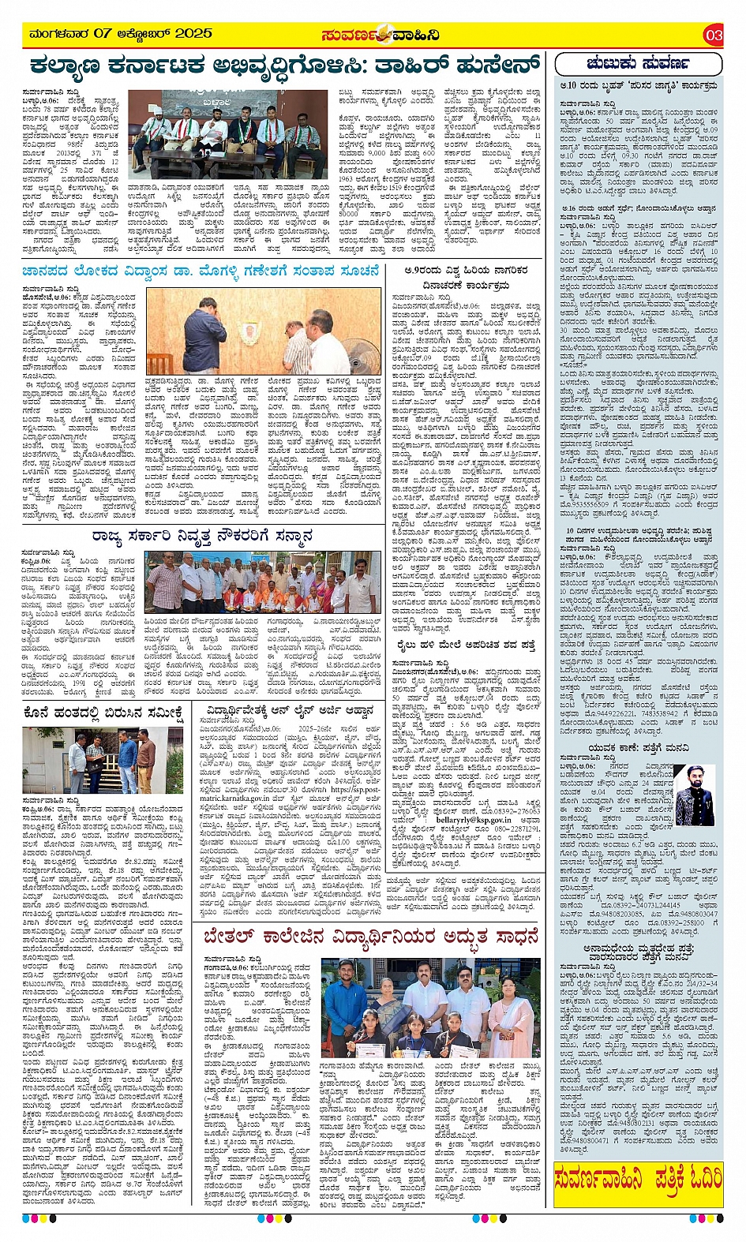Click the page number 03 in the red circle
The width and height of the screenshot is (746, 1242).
click(713, 36)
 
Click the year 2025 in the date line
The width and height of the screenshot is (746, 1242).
click(194, 34)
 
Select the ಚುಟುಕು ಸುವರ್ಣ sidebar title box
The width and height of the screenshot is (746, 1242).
click(638, 63)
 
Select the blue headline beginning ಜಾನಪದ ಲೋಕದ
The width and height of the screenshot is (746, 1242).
click(201, 271)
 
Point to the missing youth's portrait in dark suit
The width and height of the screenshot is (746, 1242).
click(695, 796)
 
